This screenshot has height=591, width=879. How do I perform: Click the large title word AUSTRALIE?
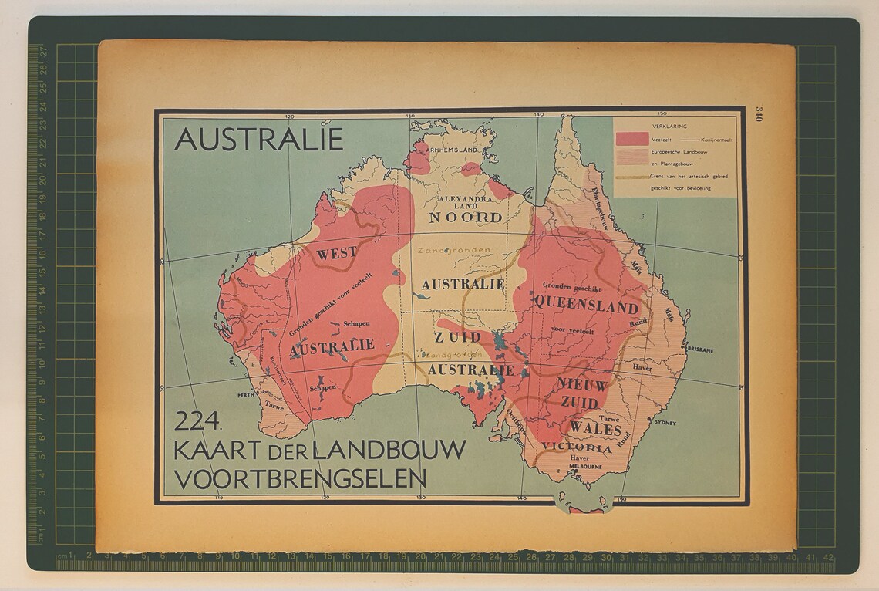click(x=258, y=140)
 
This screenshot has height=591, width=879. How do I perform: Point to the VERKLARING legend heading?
click(x=669, y=125)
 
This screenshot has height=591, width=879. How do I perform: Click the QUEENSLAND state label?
click(x=586, y=306)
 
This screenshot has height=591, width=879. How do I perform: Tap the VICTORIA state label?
click(x=577, y=447)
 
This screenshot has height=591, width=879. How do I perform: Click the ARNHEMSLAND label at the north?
click(x=452, y=148)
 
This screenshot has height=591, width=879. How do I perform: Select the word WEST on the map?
click(x=337, y=252)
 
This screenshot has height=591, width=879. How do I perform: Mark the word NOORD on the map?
click(x=466, y=218)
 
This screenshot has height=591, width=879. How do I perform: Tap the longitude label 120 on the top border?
click(x=289, y=117)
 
